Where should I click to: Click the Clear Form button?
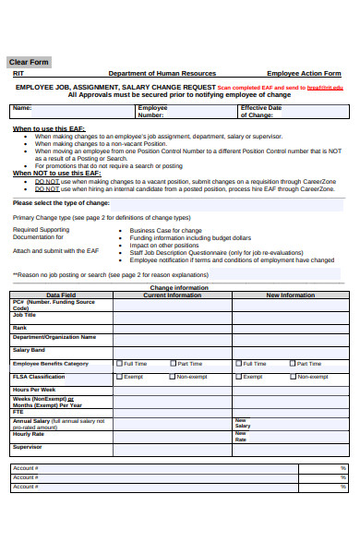coord(30,62)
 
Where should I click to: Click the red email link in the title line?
coord(325,87)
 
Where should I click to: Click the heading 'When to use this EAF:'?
coord(51,128)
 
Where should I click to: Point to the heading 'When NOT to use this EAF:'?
coord(56,173)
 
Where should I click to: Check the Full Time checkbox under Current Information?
coord(119,364)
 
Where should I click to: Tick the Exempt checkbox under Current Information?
coord(119,377)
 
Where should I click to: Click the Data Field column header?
coord(61,295)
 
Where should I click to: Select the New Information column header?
coord(290,295)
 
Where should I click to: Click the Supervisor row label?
coord(27,447)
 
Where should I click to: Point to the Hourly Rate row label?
coord(29,433)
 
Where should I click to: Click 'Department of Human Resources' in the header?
coord(162,73)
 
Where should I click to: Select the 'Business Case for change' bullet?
coord(166,230)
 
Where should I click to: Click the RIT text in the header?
coord(18,73)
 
